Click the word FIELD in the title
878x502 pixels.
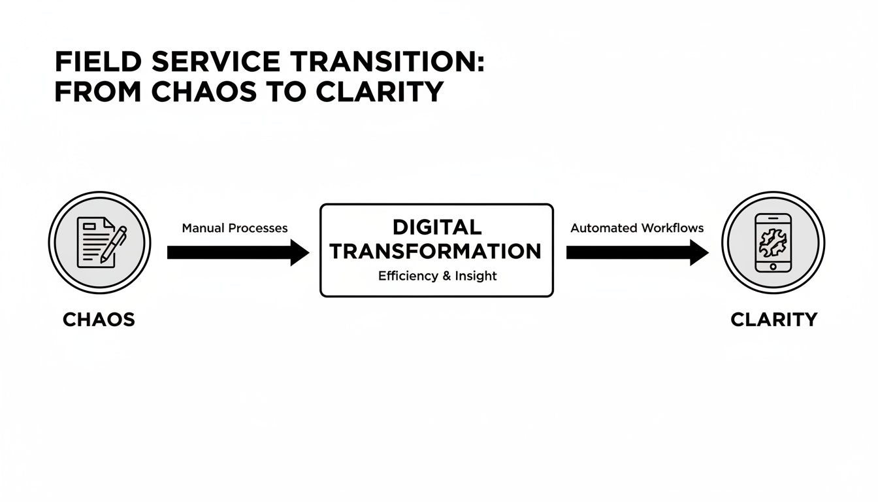[98, 63]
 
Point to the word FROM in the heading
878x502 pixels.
[99, 92]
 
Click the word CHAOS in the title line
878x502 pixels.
[204, 92]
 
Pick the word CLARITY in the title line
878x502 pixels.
[379, 92]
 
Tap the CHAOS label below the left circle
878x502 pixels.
[99, 320]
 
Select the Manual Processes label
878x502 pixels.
[235, 228]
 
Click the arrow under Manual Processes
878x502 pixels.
[229, 252]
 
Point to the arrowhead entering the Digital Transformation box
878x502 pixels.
[300, 252]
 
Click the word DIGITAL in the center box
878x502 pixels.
[436, 227]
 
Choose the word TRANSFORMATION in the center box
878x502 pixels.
[436, 252]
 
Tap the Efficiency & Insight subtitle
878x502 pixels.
[437, 276]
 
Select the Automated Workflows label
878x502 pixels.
[637, 228]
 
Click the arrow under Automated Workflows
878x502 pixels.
[627, 252]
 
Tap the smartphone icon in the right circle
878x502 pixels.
[773, 243]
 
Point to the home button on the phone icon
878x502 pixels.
[773, 266]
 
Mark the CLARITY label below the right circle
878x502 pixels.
[773, 320]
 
